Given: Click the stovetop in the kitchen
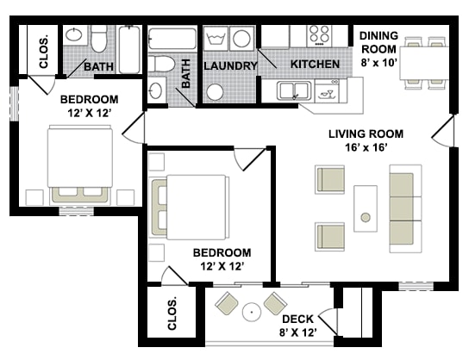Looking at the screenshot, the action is (x=319, y=35).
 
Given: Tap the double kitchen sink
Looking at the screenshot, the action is (x=295, y=90).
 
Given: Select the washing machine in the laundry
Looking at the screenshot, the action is (x=216, y=39).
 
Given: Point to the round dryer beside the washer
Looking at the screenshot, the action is (x=241, y=39).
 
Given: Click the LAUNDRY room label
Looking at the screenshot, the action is (x=230, y=65).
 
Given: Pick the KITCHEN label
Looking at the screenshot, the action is (x=315, y=64).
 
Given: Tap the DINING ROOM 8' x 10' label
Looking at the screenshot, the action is (x=378, y=49).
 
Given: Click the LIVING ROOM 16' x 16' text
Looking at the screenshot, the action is (x=366, y=140).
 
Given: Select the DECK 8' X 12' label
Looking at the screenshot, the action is (x=298, y=326).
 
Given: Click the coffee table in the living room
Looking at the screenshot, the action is (x=366, y=208).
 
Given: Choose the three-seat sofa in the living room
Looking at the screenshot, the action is (x=405, y=208).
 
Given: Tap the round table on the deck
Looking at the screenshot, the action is (x=252, y=312).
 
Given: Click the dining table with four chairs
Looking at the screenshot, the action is (x=424, y=63).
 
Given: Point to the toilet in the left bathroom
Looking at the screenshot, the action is (x=99, y=39).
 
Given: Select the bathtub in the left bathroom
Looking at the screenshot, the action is (x=130, y=50).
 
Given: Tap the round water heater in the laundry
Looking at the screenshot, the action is (x=215, y=92).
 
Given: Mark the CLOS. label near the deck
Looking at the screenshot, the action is (x=172, y=313).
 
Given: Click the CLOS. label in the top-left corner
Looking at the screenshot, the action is (x=44, y=52).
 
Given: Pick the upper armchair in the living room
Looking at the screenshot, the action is (x=329, y=179).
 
